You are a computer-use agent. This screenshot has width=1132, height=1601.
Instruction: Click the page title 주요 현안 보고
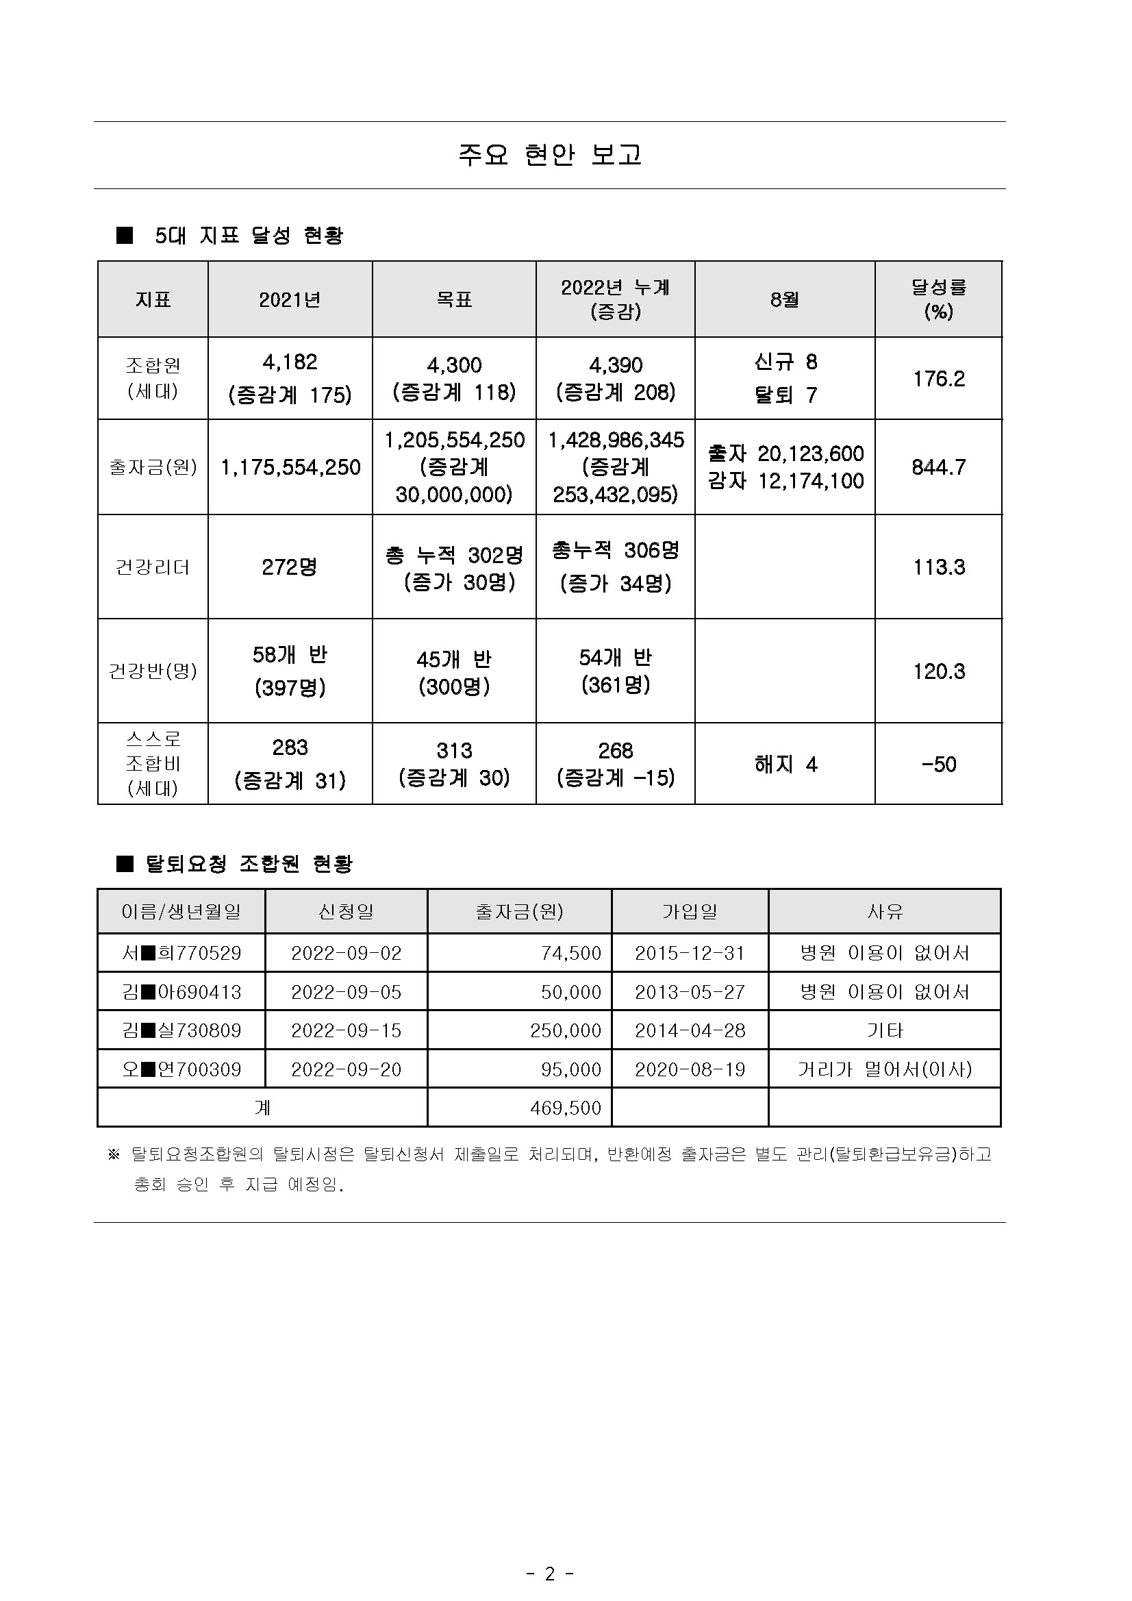549,155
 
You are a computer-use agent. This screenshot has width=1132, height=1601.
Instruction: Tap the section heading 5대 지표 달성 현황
249,236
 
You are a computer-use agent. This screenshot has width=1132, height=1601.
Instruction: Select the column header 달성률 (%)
938,299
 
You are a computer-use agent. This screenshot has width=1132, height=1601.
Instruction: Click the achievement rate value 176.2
938,379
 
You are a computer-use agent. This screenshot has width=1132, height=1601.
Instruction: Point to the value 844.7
938,467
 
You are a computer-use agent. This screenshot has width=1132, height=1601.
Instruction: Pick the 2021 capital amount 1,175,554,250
290,467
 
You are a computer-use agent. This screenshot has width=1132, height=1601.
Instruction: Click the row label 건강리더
153,567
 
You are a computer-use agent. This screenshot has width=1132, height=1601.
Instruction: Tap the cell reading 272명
290,567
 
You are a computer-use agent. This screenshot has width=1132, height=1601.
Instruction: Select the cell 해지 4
785,765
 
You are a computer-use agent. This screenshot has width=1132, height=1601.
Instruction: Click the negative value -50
938,765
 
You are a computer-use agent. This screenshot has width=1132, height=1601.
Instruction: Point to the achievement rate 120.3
938,671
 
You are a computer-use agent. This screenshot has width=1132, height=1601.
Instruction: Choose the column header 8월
785,299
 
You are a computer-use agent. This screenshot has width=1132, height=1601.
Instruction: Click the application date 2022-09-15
347,1030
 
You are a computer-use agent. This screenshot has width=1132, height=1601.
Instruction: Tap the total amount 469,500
565,1108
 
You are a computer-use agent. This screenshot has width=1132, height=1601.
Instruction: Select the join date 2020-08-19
690,1069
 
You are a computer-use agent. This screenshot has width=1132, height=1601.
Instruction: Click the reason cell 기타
885,1030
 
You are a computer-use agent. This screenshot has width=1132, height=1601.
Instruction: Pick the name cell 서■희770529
181,953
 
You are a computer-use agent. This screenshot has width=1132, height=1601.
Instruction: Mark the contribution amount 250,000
565,1030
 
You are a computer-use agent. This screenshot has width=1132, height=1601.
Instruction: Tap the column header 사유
885,911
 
